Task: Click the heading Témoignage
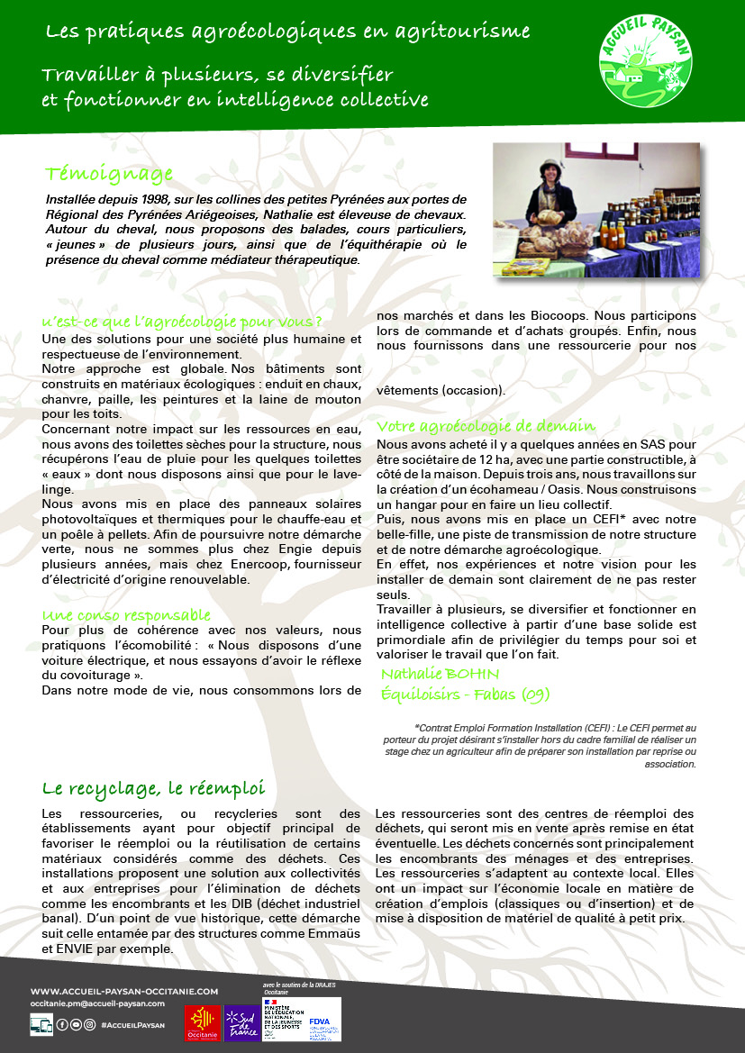109,173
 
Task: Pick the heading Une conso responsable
126,614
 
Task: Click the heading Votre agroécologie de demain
486,425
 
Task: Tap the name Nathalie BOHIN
440,674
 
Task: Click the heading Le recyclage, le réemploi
154,788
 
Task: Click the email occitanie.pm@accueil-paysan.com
97,1003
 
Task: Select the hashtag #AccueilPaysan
133,1024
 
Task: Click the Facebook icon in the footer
62,1024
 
